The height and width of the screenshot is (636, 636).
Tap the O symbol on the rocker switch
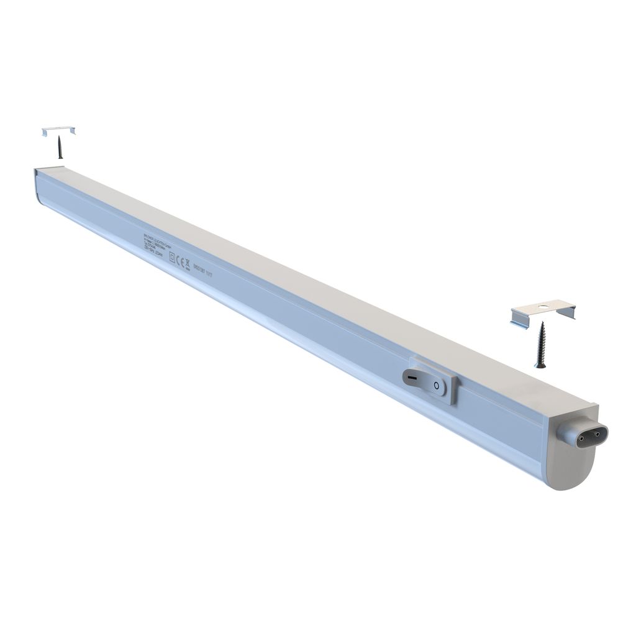pos(437,386)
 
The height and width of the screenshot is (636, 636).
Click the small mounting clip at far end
pos(58,130)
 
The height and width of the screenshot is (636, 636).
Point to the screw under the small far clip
pos(60,148)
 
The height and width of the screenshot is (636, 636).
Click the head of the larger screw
pos(541,325)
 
